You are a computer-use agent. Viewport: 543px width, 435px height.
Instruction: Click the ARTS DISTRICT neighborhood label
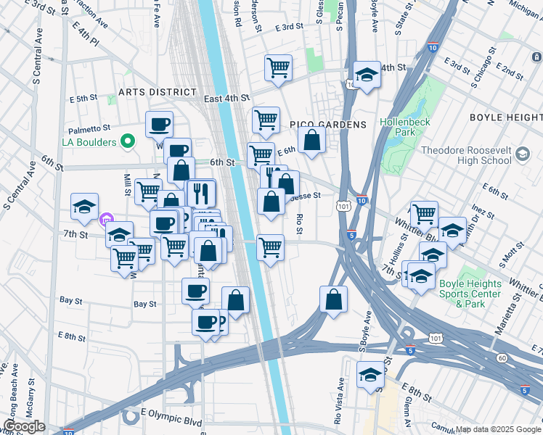pyautogui.click(x=158, y=92)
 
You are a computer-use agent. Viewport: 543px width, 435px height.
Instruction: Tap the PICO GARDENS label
pyautogui.click(x=328, y=125)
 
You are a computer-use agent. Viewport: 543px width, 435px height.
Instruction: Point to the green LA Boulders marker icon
pyautogui.click(x=128, y=141)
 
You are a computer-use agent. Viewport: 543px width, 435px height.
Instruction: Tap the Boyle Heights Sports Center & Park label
pyautogui.click(x=469, y=294)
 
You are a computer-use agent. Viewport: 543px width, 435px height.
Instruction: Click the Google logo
pyautogui.click(x=24, y=426)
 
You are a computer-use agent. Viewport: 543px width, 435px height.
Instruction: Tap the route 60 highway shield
pyautogui.click(x=502, y=357)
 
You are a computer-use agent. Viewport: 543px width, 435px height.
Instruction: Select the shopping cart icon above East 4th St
pyautogui.click(x=278, y=68)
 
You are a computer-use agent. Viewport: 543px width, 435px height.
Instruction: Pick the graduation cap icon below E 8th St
pyautogui.click(x=370, y=374)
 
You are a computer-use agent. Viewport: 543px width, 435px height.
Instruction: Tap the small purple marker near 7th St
pyautogui.click(x=107, y=218)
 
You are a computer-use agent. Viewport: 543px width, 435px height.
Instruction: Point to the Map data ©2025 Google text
pyautogui.click(x=497, y=429)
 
